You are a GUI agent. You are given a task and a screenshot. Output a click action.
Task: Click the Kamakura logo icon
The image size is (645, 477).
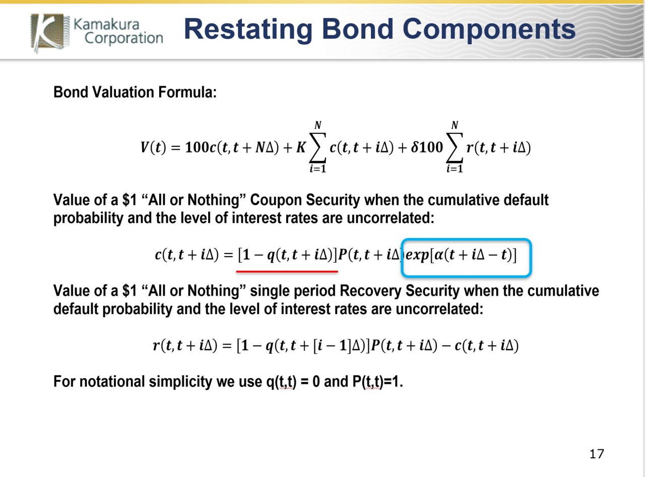pyautogui.click(x=50, y=33)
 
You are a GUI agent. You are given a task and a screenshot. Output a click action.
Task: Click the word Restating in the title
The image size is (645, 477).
pyautogui.click(x=248, y=29)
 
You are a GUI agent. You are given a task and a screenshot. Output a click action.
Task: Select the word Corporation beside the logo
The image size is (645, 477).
pyautogui.click(x=124, y=38)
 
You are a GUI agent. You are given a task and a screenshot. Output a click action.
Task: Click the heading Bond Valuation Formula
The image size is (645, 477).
pyautogui.click(x=135, y=92)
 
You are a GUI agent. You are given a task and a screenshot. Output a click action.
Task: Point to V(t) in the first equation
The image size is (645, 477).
pyautogui.click(x=153, y=147)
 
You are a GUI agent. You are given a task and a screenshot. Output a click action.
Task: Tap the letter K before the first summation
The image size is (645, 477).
pyautogui.click(x=301, y=147)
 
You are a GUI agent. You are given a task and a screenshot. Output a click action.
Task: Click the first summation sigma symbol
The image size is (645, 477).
pyautogui.click(x=317, y=147)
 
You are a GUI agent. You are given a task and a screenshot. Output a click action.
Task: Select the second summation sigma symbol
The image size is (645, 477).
pyautogui.click(x=455, y=147)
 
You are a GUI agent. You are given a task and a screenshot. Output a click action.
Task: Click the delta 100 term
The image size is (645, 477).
pyautogui.click(x=427, y=147)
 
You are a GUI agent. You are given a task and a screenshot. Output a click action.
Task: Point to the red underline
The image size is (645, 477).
pyautogui.click(x=287, y=272)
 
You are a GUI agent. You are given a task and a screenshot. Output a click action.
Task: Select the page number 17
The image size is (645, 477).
pyautogui.click(x=597, y=454)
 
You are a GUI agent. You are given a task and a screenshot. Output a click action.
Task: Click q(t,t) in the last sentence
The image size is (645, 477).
pyautogui.click(x=281, y=381)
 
